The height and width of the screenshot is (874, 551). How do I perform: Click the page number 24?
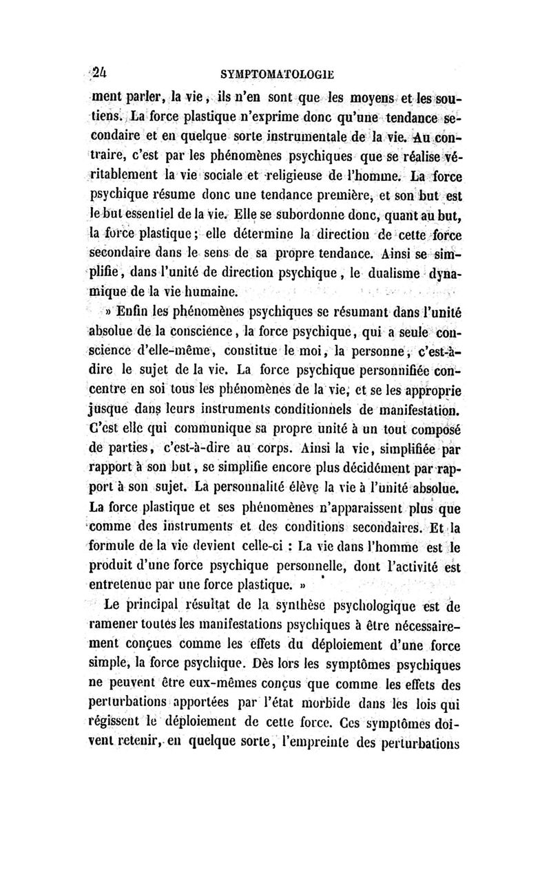104,67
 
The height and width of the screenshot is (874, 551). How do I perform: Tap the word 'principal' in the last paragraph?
170,606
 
